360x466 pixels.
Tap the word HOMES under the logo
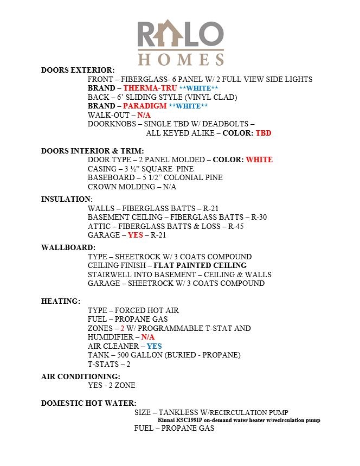click(181, 59)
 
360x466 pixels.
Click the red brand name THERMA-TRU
click(150, 88)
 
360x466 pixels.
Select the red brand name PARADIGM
click(145, 106)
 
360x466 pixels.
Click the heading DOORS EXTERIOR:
click(78, 70)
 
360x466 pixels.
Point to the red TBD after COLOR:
click(263, 133)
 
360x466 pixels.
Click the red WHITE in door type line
click(259, 159)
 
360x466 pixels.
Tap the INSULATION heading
click(66, 199)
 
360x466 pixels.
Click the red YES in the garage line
click(136, 235)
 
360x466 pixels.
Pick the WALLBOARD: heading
click(68, 247)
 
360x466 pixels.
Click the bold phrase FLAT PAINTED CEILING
click(200, 265)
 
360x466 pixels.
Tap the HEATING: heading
click(61, 301)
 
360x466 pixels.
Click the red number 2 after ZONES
click(123, 328)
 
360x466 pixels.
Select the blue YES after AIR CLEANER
click(154, 346)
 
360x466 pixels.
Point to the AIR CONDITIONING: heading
click(81, 376)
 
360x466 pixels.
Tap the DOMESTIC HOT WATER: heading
click(89, 403)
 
